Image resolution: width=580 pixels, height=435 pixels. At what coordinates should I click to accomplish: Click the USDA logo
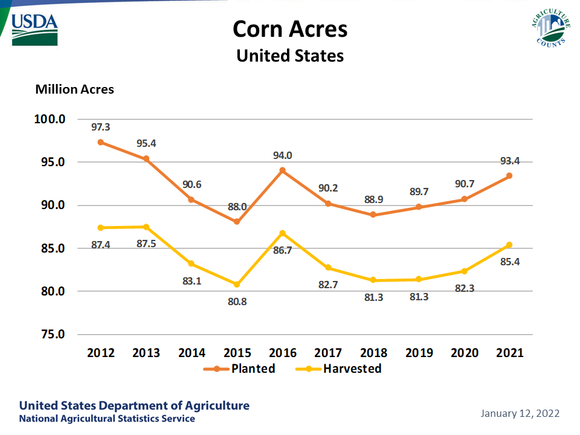(x=34, y=29)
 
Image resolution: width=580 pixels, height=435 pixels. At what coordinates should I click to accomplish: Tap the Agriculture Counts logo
(x=550, y=28)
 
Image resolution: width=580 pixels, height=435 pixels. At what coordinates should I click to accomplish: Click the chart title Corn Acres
(x=290, y=29)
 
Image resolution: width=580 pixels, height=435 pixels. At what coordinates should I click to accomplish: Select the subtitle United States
(x=290, y=56)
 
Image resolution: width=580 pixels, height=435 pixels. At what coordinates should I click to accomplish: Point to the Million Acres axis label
(x=75, y=89)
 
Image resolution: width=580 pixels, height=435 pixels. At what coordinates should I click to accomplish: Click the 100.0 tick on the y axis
(x=49, y=119)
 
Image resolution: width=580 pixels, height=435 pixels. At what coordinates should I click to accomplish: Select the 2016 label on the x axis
(x=282, y=353)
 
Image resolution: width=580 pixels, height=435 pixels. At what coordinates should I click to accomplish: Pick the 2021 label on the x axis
(x=509, y=353)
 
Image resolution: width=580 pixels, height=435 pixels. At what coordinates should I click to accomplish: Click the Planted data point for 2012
(x=101, y=142)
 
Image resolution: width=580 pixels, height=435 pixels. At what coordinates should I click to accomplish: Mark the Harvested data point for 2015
(x=237, y=284)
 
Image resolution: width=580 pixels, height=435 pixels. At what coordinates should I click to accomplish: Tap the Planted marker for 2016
(x=282, y=170)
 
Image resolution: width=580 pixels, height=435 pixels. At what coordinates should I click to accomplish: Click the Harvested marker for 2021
(x=509, y=245)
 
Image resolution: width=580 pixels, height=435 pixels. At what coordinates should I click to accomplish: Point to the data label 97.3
(x=101, y=127)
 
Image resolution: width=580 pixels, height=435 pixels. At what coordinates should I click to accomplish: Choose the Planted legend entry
(x=240, y=369)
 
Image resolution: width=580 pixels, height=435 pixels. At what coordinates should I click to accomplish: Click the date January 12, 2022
(x=520, y=414)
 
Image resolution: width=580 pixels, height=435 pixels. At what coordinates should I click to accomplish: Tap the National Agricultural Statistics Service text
(x=107, y=419)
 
